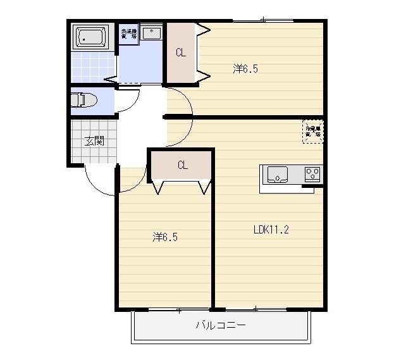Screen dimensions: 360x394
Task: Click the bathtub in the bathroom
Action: click(x=92, y=37)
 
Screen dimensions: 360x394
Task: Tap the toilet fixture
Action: click(x=82, y=100)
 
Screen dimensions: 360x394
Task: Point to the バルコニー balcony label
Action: click(x=220, y=326)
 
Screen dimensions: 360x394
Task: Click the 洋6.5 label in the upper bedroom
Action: click(x=245, y=69)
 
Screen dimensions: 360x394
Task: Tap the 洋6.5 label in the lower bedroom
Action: click(x=164, y=237)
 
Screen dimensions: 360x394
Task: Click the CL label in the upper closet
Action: click(x=181, y=53)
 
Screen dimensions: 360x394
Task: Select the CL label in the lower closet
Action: click(x=182, y=166)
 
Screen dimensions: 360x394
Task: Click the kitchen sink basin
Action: click(x=278, y=173)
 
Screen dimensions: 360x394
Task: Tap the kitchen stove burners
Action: click(x=312, y=172)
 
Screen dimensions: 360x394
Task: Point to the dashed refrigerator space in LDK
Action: click(x=312, y=132)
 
